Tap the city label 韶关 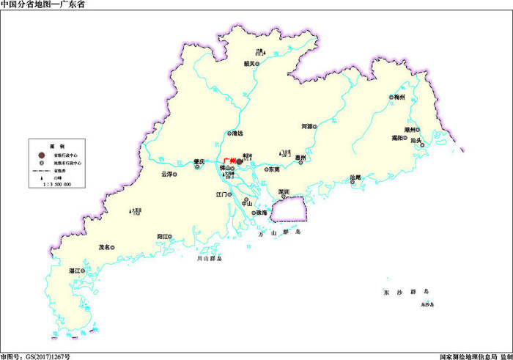click(250, 63)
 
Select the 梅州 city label click(399, 97)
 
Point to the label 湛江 click(74, 271)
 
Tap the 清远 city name click(237, 133)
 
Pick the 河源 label click(307, 126)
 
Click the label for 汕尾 click(356, 177)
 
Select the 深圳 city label click(283, 191)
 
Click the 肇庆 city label click(198, 161)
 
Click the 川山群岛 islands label click(208, 259)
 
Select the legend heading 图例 click(53, 145)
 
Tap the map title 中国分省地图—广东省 click(43, 4)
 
